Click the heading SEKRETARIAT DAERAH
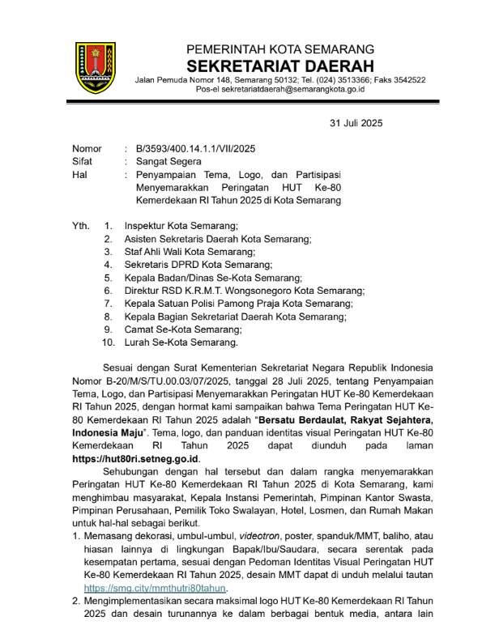click(x=280, y=65)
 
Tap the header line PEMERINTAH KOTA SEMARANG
click(x=280, y=49)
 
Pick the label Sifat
click(x=82, y=161)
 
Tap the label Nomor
click(x=87, y=148)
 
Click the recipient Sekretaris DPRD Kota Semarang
click(x=198, y=264)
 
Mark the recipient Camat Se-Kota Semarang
click(x=183, y=330)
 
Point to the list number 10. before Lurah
click(x=108, y=342)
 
